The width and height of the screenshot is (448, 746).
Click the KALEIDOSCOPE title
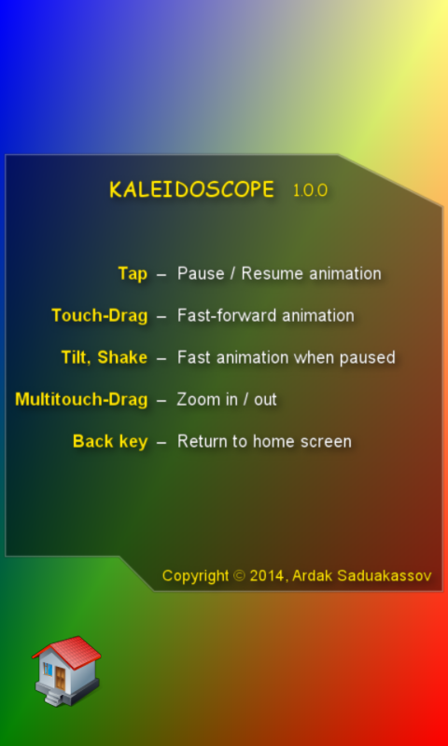pyautogui.click(x=192, y=190)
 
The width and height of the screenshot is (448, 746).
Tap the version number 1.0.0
pyautogui.click(x=311, y=190)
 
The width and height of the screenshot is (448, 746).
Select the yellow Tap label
pyautogui.click(x=133, y=274)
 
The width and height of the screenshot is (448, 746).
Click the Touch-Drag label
pyautogui.click(x=100, y=316)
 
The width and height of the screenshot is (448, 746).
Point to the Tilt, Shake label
pyautogui.click(x=105, y=357)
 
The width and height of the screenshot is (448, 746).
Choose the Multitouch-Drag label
pyautogui.click(x=81, y=400)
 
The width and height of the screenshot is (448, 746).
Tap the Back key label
pyautogui.click(x=110, y=441)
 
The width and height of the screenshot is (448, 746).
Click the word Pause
pyautogui.click(x=201, y=273)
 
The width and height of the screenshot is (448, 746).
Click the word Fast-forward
pyautogui.click(x=227, y=315)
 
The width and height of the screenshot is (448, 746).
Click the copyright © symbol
pyautogui.click(x=240, y=575)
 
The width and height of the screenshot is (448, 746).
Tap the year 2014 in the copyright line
pyautogui.click(x=268, y=575)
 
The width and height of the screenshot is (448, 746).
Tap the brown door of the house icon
pyautogui.click(x=61, y=679)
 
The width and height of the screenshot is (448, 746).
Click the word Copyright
pyautogui.click(x=196, y=576)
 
